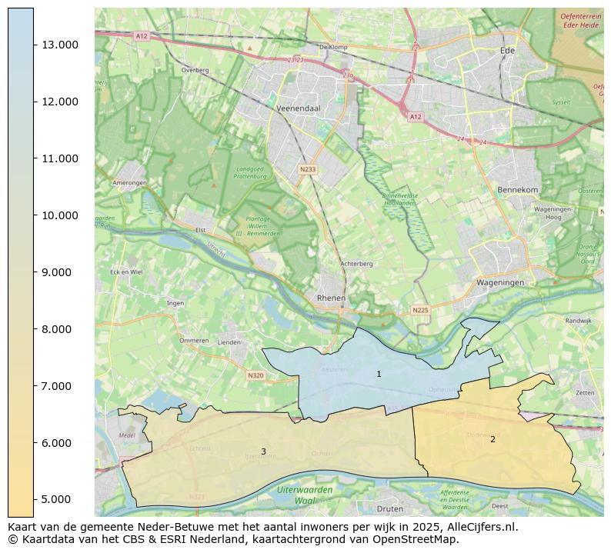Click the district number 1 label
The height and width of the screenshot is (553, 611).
pos(379,374)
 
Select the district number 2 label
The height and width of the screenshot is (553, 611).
pos(492,440)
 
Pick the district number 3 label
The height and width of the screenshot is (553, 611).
pos(263,451)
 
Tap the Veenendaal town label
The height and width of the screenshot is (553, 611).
pos(298,109)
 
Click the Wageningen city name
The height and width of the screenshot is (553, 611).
pos(500,282)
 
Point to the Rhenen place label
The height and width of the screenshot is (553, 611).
pos(331,298)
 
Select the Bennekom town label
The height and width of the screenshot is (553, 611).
pos(518,189)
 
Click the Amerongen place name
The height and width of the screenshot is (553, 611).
pos(129,183)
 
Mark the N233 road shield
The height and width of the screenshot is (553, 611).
pos(308,169)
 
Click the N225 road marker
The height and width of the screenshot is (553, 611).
pos(419,310)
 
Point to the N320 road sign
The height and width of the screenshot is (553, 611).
pos(255,375)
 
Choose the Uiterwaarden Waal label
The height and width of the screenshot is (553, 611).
pos(305,495)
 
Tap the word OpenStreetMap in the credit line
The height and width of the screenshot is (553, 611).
pos(419,539)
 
